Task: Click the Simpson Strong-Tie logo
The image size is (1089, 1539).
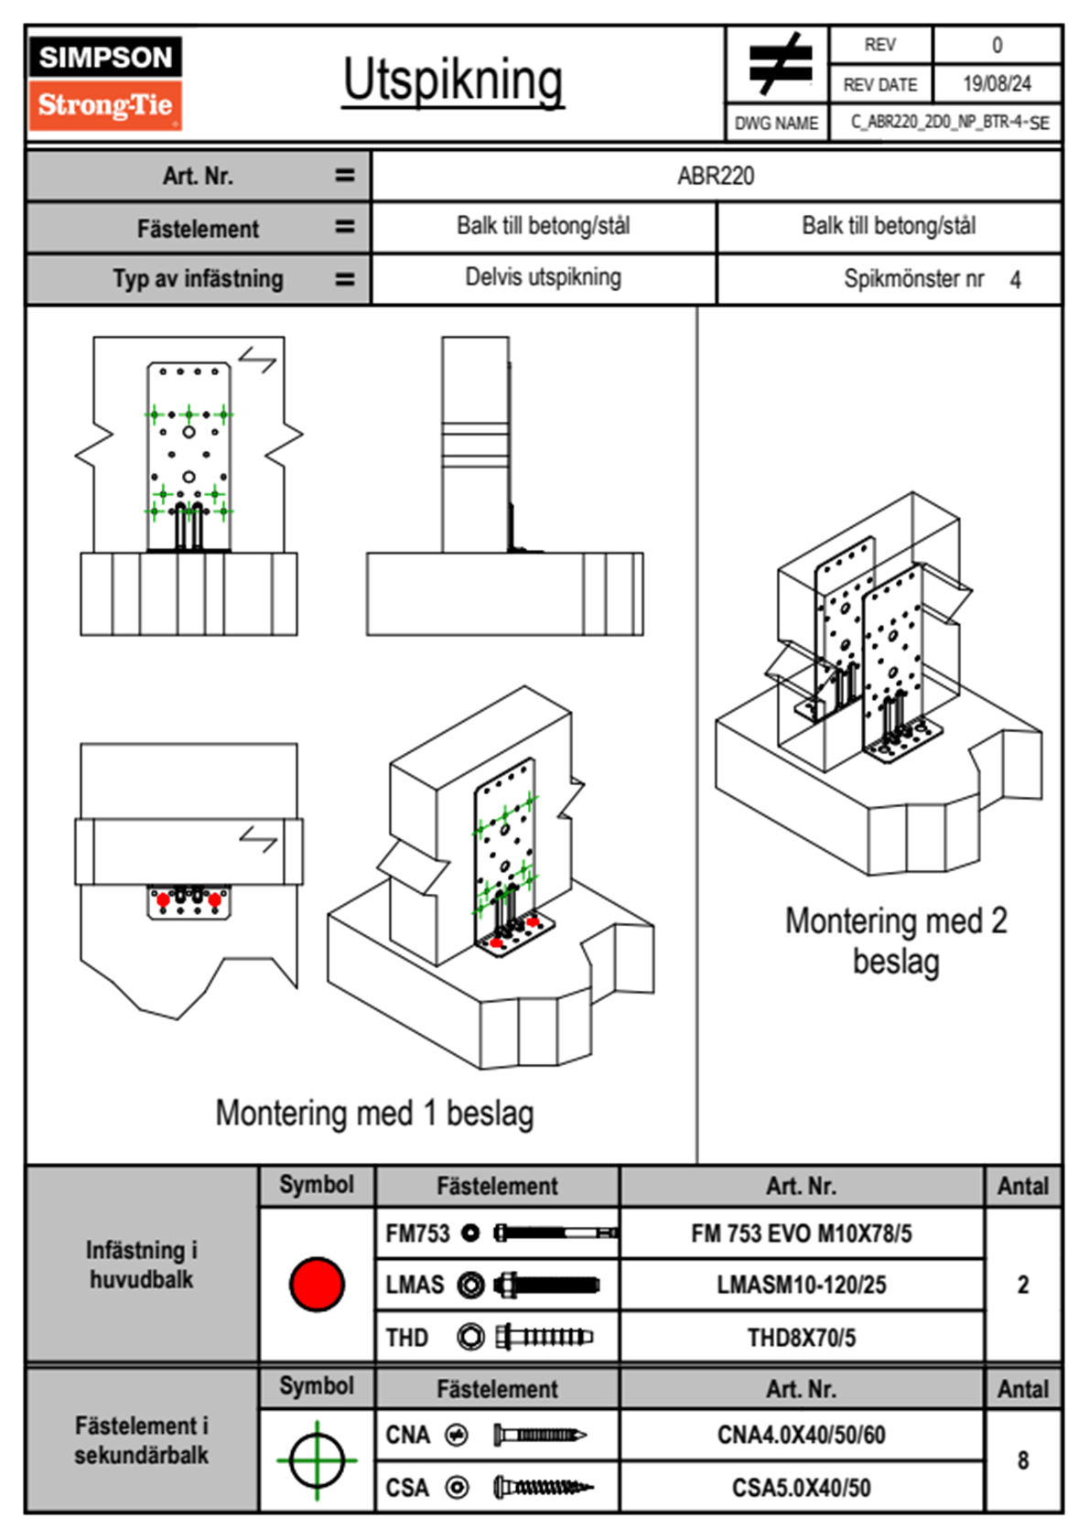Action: [104, 82]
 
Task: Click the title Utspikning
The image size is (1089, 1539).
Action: [453, 81]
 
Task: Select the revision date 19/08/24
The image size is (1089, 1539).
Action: [997, 84]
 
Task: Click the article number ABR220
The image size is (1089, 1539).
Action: [716, 176]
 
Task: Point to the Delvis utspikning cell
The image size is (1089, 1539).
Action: [543, 277]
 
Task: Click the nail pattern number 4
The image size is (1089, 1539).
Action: [1015, 280]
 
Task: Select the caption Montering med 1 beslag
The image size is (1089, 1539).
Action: [374, 1114]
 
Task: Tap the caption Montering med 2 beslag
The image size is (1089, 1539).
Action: [896, 941]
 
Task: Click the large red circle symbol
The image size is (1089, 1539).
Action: [317, 1284]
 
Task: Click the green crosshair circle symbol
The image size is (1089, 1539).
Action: [317, 1460]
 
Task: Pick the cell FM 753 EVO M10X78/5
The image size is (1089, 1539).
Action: [801, 1233]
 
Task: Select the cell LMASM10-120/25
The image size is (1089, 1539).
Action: [801, 1285]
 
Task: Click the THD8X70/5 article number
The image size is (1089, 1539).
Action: [801, 1338]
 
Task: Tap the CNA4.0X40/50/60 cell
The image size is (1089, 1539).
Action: [801, 1435]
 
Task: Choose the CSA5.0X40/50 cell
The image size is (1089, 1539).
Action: [801, 1488]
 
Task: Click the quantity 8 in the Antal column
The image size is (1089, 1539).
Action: [1022, 1460]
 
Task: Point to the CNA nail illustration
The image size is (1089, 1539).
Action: [540, 1435]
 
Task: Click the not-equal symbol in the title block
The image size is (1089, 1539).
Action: [779, 64]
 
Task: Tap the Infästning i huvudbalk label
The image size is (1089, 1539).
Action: [142, 1265]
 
